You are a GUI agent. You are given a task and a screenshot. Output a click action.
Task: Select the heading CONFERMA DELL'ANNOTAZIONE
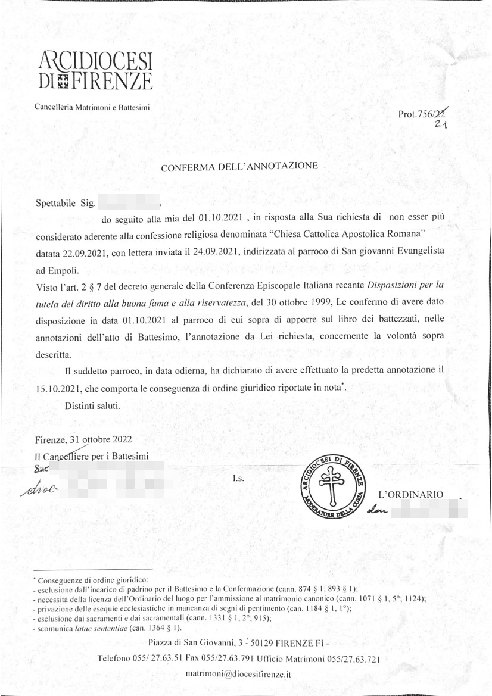[240, 167]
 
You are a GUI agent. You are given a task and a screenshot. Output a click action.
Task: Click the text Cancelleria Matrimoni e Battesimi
[92, 107]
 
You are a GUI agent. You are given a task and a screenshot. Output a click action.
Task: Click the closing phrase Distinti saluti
[93, 406]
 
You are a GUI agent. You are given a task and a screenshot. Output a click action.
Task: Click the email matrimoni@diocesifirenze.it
[238, 673]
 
